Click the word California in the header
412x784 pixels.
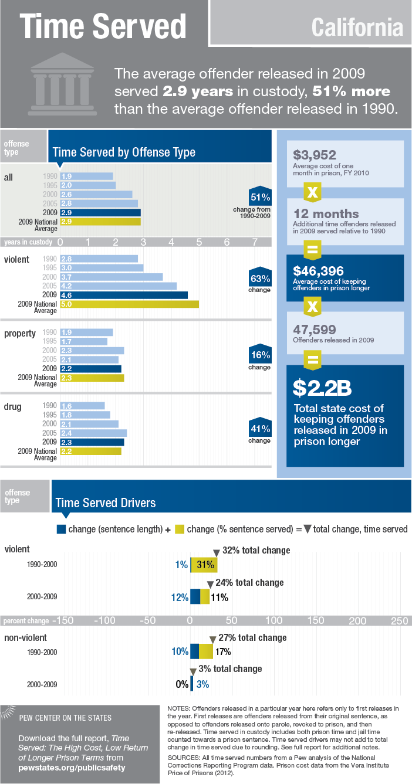click(357, 27)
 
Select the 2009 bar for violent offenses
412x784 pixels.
click(124, 295)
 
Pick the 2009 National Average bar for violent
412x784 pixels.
click(129, 304)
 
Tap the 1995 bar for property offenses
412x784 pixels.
click(83, 341)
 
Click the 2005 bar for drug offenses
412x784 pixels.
click(93, 433)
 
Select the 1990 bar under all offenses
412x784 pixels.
click(86, 176)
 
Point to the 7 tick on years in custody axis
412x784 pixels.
click(254, 242)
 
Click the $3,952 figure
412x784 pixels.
click(315, 155)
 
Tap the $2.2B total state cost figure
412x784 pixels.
click(323, 388)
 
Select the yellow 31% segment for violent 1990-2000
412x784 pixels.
click(205, 565)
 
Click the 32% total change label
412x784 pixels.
click(256, 551)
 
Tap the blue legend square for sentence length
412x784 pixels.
click(60, 528)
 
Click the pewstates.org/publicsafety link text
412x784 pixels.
click(72, 766)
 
